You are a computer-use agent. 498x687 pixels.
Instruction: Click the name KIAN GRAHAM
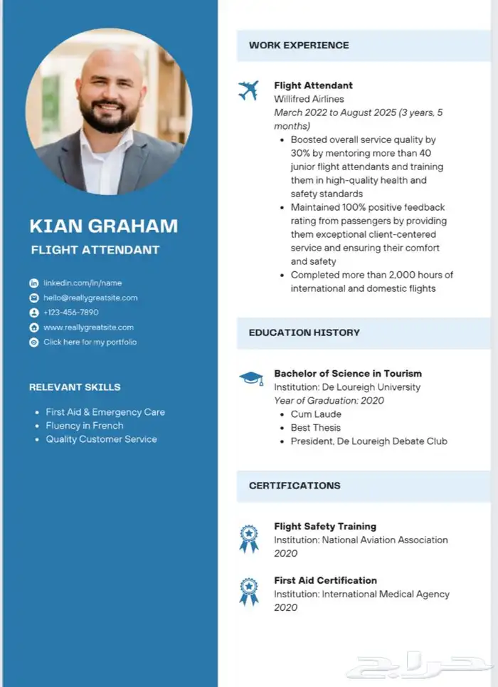click(x=103, y=226)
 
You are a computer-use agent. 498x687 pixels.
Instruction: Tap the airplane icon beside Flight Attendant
click(x=248, y=90)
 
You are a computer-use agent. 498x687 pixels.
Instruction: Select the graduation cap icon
click(x=250, y=378)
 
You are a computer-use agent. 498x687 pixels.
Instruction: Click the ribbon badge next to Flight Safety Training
click(x=248, y=538)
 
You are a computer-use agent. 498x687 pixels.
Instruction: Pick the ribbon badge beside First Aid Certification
click(x=248, y=592)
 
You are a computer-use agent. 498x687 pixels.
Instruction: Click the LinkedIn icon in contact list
click(x=33, y=283)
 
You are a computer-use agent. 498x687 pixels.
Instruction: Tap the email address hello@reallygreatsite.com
click(x=90, y=298)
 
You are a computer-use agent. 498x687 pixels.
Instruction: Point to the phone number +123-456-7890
click(x=70, y=313)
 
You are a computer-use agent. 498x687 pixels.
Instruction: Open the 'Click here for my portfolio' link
click(x=90, y=342)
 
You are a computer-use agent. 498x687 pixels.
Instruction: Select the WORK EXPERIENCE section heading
click(x=299, y=46)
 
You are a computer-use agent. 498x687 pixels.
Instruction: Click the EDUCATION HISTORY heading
click(x=304, y=332)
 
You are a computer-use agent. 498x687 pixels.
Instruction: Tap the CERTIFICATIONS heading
click(x=295, y=486)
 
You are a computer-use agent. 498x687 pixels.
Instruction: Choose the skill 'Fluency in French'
click(x=85, y=426)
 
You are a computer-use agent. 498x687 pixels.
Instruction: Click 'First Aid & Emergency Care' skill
click(x=105, y=412)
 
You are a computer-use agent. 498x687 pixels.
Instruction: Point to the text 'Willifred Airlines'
click(x=309, y=99)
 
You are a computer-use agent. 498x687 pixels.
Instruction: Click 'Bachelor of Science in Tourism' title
click(x=348, y=374)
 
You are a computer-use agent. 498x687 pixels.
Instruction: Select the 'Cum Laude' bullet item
click(x=316, y=414)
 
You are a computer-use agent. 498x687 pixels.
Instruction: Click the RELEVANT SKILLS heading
click(x=75, y=387)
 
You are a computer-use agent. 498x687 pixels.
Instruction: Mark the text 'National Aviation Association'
click(x=385, y=540)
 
